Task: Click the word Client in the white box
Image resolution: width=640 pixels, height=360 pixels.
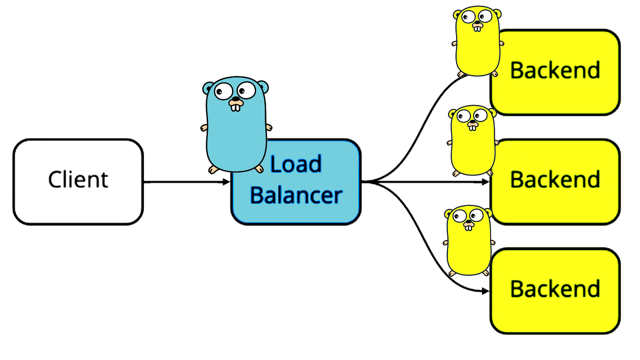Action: pyautogui.click(x=78, y=180)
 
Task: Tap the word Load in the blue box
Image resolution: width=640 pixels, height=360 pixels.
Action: pyautogui.click(x=295, y=164)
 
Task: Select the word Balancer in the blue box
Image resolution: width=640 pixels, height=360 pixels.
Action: pyautogui.click(x=295, y=195)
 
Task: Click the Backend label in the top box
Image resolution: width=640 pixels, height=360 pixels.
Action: pyautogui.click(x=555, y=70)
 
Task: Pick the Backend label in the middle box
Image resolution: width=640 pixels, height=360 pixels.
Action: pyautogui.click(x=555, y=180)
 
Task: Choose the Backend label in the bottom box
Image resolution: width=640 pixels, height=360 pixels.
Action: pyautogui.click(x=555, y=289)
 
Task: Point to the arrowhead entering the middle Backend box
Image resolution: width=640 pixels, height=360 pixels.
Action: pyautogui.click(x=486, y=182)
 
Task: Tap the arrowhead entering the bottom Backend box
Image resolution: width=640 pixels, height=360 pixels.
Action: pyautogui.click(x=486, y=291)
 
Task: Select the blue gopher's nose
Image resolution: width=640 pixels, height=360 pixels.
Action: pyautogui.click(x=235, y=100)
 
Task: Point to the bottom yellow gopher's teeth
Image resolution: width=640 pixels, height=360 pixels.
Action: pyautogui.click(x=468, y=227)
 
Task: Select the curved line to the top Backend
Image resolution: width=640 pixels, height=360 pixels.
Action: pyautogui.click(x=427, y=117)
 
